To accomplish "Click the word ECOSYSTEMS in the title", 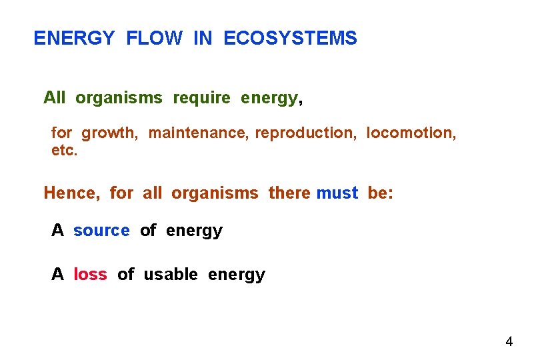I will click(x=290, y=39).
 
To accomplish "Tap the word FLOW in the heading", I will click(x=153, y=39).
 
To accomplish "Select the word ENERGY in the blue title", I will click(x=74, y=39).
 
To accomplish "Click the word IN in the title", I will click(x=203, y=39).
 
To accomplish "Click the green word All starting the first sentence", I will click(x=54, y=98).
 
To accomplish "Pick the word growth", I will click(x=110, y=133).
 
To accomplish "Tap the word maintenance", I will click(x=199, y=133).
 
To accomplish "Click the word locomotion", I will click(x=411, y=133).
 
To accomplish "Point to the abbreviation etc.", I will click(x=64, y=151).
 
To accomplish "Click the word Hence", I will click(x=71, y=193).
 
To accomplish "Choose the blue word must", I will click(x=337, y=193).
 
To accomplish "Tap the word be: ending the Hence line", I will click(x=381, y=193).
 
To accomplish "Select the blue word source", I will click(x=101, y=231).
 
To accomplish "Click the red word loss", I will click(x=90, y=275).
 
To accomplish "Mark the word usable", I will click(x=171, y=275).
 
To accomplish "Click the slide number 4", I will click(x=509, y=342).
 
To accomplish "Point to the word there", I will click(x=289, y=193).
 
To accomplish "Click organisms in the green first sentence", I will click(x=119, y=98).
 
